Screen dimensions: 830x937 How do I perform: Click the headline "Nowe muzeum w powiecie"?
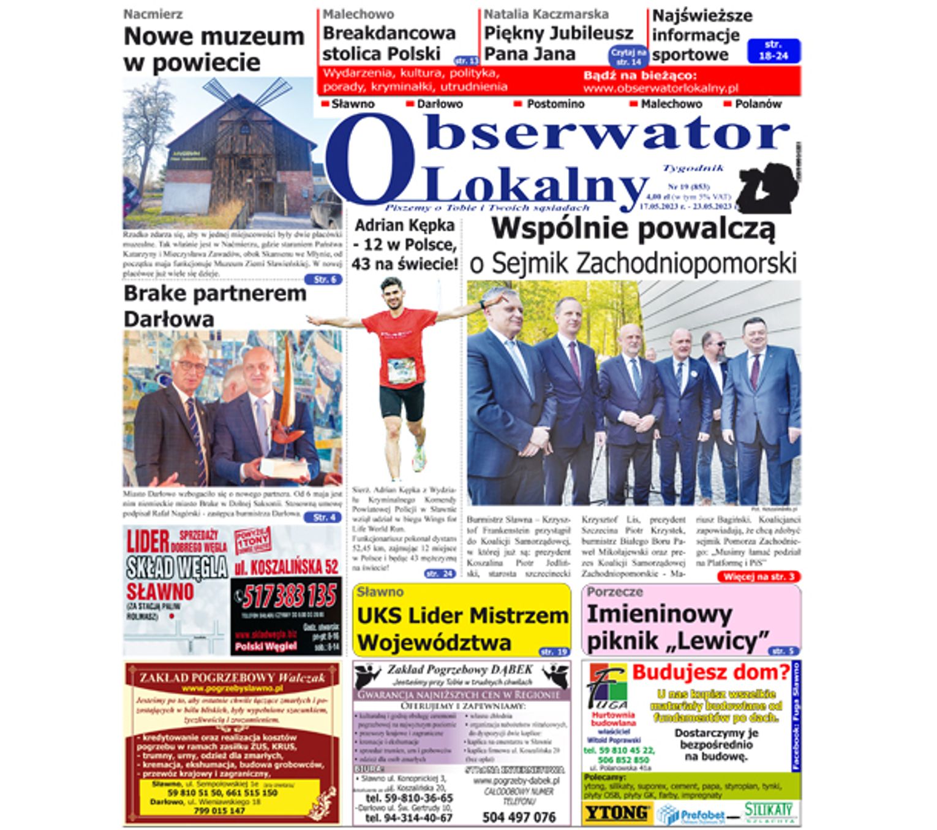214,49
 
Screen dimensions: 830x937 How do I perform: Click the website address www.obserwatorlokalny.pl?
660,88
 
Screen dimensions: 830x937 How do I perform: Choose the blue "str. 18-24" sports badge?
773,50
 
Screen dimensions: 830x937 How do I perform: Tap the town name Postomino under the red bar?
555,104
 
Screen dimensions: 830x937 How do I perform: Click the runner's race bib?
401,371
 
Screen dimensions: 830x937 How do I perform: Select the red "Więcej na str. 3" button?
758,577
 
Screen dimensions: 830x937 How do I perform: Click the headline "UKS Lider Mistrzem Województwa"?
462,628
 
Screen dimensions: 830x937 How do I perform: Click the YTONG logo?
616,813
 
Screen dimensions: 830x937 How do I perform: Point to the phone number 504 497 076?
519,817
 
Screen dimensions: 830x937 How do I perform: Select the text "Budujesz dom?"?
710,672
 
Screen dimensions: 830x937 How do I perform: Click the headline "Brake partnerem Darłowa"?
215,306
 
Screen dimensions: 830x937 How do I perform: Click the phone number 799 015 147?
219,810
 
